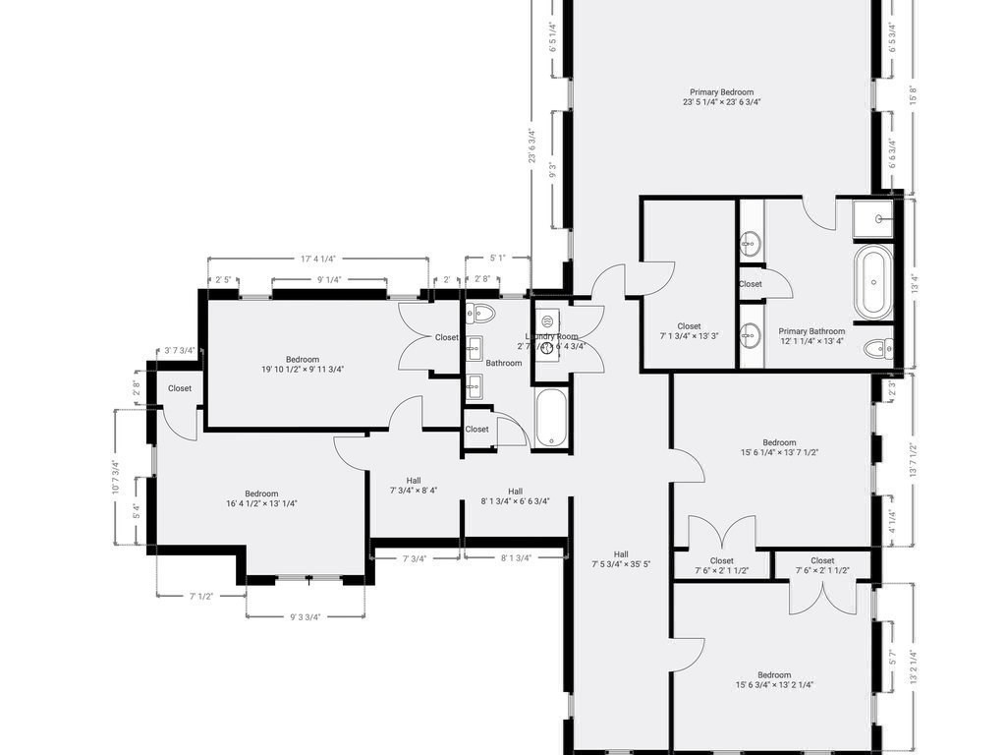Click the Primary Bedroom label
pyautogui.click(x=722, y=96)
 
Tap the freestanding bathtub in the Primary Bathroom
pyautogui.click(x=873, y=283)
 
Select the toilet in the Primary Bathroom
pyautogui.click(x=878, y=347)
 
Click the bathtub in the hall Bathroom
pyautogui.click(x=551, y=418)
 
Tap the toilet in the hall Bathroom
pyautogui.click(x=481, y=314)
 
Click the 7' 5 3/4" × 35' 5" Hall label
pyautogui.click(x=622, y=559)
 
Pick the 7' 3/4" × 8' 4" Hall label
pyautogui.click(x=413, y=486)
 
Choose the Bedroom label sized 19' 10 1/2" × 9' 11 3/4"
pyautogui.click(x=303, y=364)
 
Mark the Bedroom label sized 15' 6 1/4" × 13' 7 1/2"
pyautogui.click(x=779, y=447)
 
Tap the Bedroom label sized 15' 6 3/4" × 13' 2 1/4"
pyautogui.click(x=773, y=680)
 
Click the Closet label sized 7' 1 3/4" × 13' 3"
pyautogui.click(x=689, y=331)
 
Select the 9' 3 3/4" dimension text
pyautogui.click(x=306, y=617)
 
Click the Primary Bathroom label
pyautogui.click(x=811, y=336)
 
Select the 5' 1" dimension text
pyautogui.click(x=499, y=260)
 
